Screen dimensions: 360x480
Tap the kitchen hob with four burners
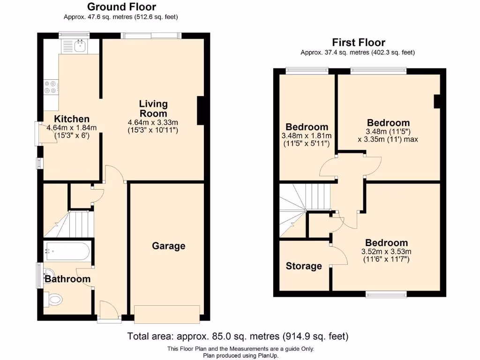click(51, 87)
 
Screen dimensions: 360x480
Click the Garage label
click(168, 246)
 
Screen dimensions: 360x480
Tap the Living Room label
click(153, 109)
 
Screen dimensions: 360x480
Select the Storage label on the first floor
click(304, 266)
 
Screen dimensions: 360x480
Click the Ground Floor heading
click(121, 7)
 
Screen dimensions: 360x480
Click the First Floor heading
click(359, 43)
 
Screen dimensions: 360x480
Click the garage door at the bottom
click(167, 314)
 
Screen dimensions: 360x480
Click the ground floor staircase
click(75, 224)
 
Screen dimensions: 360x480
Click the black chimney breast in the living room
click(201, 111)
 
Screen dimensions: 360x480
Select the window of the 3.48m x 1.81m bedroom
click(307, 71)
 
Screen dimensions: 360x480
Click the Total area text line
click(238, 336)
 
